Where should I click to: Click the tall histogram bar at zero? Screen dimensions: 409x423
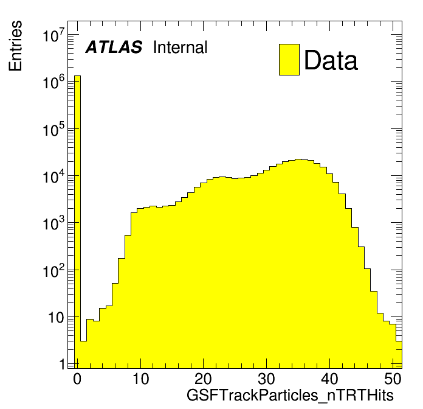click(x=77, y=219)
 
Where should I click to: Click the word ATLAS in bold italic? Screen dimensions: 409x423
click(x=114, y=47)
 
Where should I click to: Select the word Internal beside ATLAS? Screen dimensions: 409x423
click(x=180, y=47)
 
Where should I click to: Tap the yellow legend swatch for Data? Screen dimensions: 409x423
click(x=289, y=60)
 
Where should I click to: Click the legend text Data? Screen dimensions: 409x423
click(x=331, y=60)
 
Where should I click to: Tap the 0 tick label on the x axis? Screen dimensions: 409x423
click(x=77, y=379)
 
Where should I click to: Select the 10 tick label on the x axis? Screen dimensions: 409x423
click(x=141, y=379)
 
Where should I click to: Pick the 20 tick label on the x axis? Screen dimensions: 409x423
click(x=204, y=379)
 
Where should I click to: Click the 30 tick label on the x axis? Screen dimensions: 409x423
click(x=267, y=379)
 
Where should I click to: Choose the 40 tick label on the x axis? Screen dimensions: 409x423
click(x=331, y=379)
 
